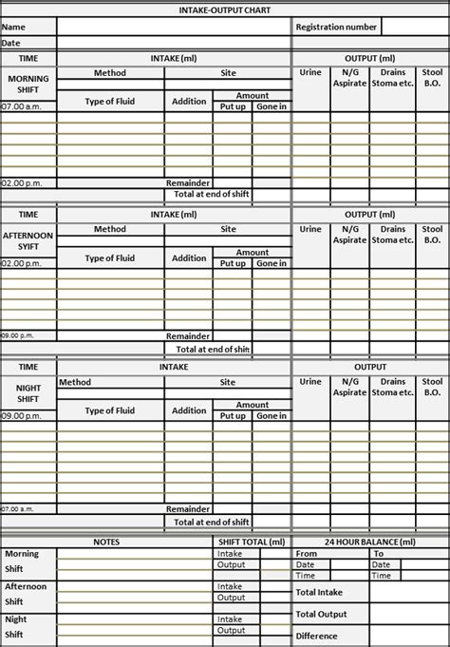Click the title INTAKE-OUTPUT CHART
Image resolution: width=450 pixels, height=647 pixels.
point(224,10)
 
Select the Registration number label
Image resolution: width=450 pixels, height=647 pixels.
point(336,27)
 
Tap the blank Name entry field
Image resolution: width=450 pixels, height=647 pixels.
point(173,27)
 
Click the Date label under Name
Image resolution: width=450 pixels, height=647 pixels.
point(10,43)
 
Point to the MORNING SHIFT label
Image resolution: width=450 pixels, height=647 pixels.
point(28,84)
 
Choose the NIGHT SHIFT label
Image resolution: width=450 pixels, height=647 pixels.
point(28,393)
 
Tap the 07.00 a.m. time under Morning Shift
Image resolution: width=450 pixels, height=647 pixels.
point(18,106)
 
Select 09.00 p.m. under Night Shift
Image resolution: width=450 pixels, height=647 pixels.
point(18,415)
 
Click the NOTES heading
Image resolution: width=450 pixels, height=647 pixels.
point(106,542)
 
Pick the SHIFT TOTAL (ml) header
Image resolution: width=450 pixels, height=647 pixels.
point(251,542)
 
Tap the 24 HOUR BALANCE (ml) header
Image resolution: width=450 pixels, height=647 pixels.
point(370,542)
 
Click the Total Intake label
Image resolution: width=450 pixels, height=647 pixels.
point(319,592)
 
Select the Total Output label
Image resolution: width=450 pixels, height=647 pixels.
point(321,614)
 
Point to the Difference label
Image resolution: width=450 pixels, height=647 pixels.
point(317,636)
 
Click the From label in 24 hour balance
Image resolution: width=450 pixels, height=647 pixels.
point(307,553)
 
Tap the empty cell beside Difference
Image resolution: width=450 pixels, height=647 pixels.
point(408,636)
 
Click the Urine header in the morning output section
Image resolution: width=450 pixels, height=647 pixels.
point(310,72)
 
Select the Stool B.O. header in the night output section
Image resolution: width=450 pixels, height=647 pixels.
point(432,387)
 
